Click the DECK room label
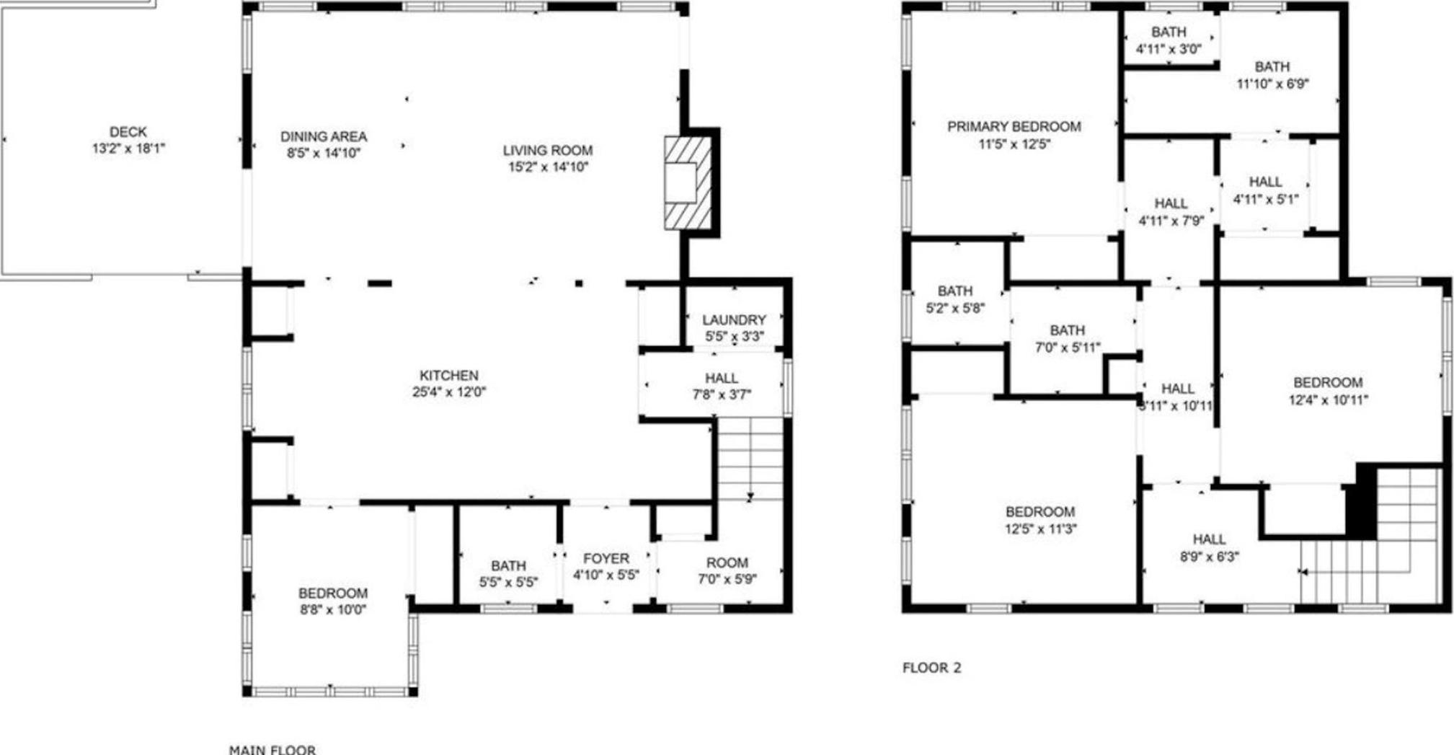pos(128,132)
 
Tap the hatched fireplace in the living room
pos(687,183)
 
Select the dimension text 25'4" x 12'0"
pos(448,392)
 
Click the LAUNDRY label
pos(733,319)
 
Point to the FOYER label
pos(606,558)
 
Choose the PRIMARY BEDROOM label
pos(1014,127)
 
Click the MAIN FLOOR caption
pos(272,750)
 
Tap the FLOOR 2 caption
pos(931,668)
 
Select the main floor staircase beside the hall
pos(750,459)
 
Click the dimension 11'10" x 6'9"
pos(1272,84)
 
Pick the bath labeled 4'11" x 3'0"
pos(1168,40)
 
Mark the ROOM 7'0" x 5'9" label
pos(727,570)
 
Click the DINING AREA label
pos(323,136)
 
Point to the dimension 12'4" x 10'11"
pos(1328,399)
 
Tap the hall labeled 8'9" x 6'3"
pos(1209,547)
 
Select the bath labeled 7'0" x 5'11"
pos(1067,338)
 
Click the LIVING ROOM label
pos(547,150)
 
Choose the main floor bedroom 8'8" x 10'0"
pos(332,601)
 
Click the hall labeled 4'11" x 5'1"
pos(1265,190)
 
